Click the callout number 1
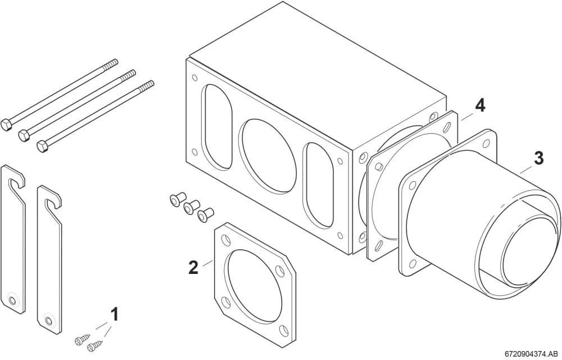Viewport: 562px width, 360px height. coord(114,314)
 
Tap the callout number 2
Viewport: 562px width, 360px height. coord(193,268)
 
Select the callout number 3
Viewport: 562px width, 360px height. coord(539,159)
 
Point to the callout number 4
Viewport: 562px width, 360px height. coord(480,106)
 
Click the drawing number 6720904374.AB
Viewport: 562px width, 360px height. coord(532,354)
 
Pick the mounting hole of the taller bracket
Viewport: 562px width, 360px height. coord(12,299)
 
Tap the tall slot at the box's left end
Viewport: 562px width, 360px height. coord(217,127)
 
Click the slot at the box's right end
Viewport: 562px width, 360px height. coord(318,185)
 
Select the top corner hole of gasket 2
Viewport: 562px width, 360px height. coord(226,238)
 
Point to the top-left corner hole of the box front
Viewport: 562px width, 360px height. coord(194,78)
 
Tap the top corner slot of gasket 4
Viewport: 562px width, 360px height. coord(447,127)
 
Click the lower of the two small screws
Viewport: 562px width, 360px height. coord(94,346)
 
